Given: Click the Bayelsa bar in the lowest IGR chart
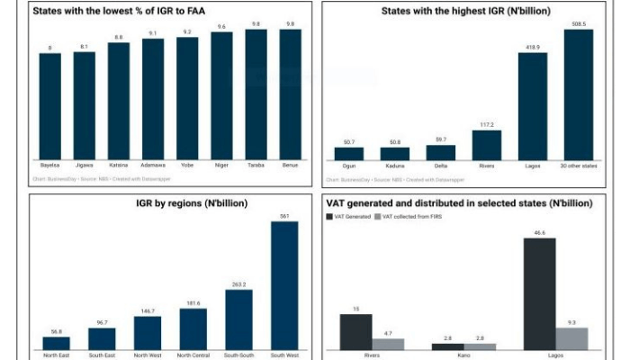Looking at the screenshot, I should click(50, 106).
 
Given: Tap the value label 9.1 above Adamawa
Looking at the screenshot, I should click(153, 34).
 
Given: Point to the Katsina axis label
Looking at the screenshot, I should click(119, 166).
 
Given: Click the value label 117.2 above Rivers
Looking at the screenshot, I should click(486, 125).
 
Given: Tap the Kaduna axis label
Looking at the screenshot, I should click(394, 166).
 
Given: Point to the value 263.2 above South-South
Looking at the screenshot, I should click(238, 284).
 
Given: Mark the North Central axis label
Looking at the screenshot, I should click(193, 355).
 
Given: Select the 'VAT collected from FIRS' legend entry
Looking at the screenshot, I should click(415, 217).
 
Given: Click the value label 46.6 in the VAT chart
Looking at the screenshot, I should click(539, 232).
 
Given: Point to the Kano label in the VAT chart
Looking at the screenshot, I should click(464, 355).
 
